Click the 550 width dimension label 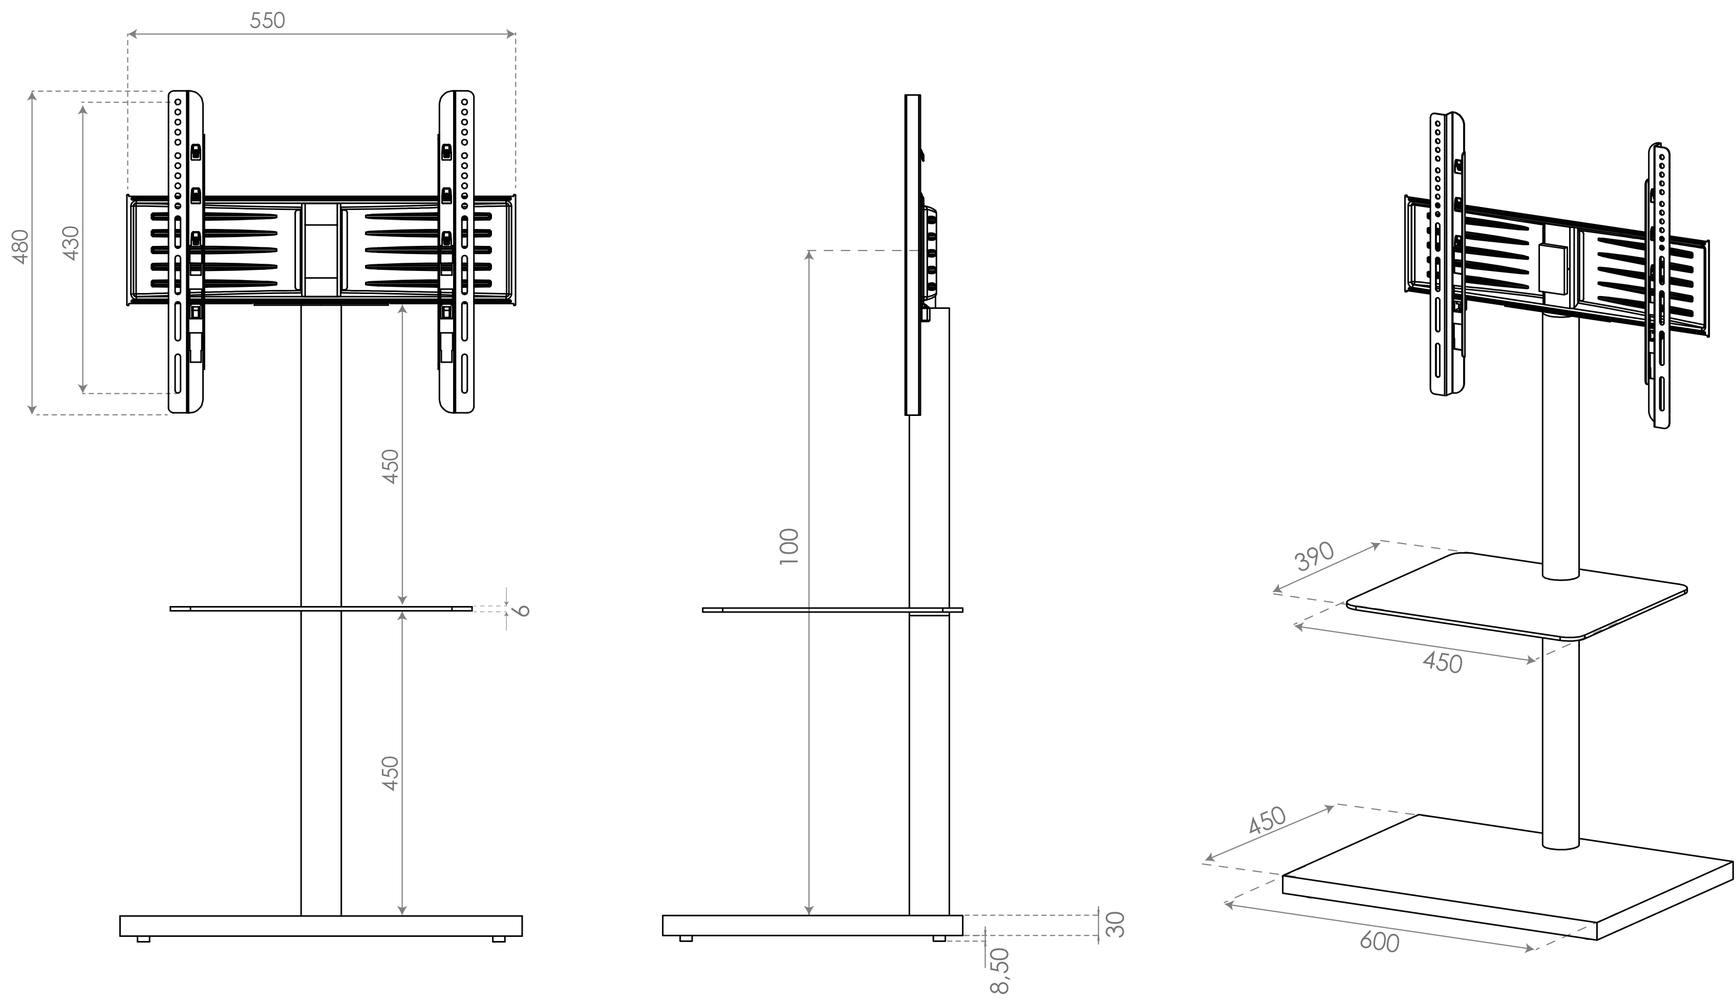tap(267, 20)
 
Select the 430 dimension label tap(72, 243)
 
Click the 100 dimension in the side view tap(789, 547)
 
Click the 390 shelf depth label tap(1314, 557)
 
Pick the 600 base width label tap(1380, 942)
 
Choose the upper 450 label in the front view tap(391, 467)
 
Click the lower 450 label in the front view tap(391, 773)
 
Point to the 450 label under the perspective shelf tap(1443, 662)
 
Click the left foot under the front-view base tap(143, 938)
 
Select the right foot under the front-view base tap(499, 938)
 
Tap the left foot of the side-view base tap(686, 938)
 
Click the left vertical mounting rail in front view tap(186, 252)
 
